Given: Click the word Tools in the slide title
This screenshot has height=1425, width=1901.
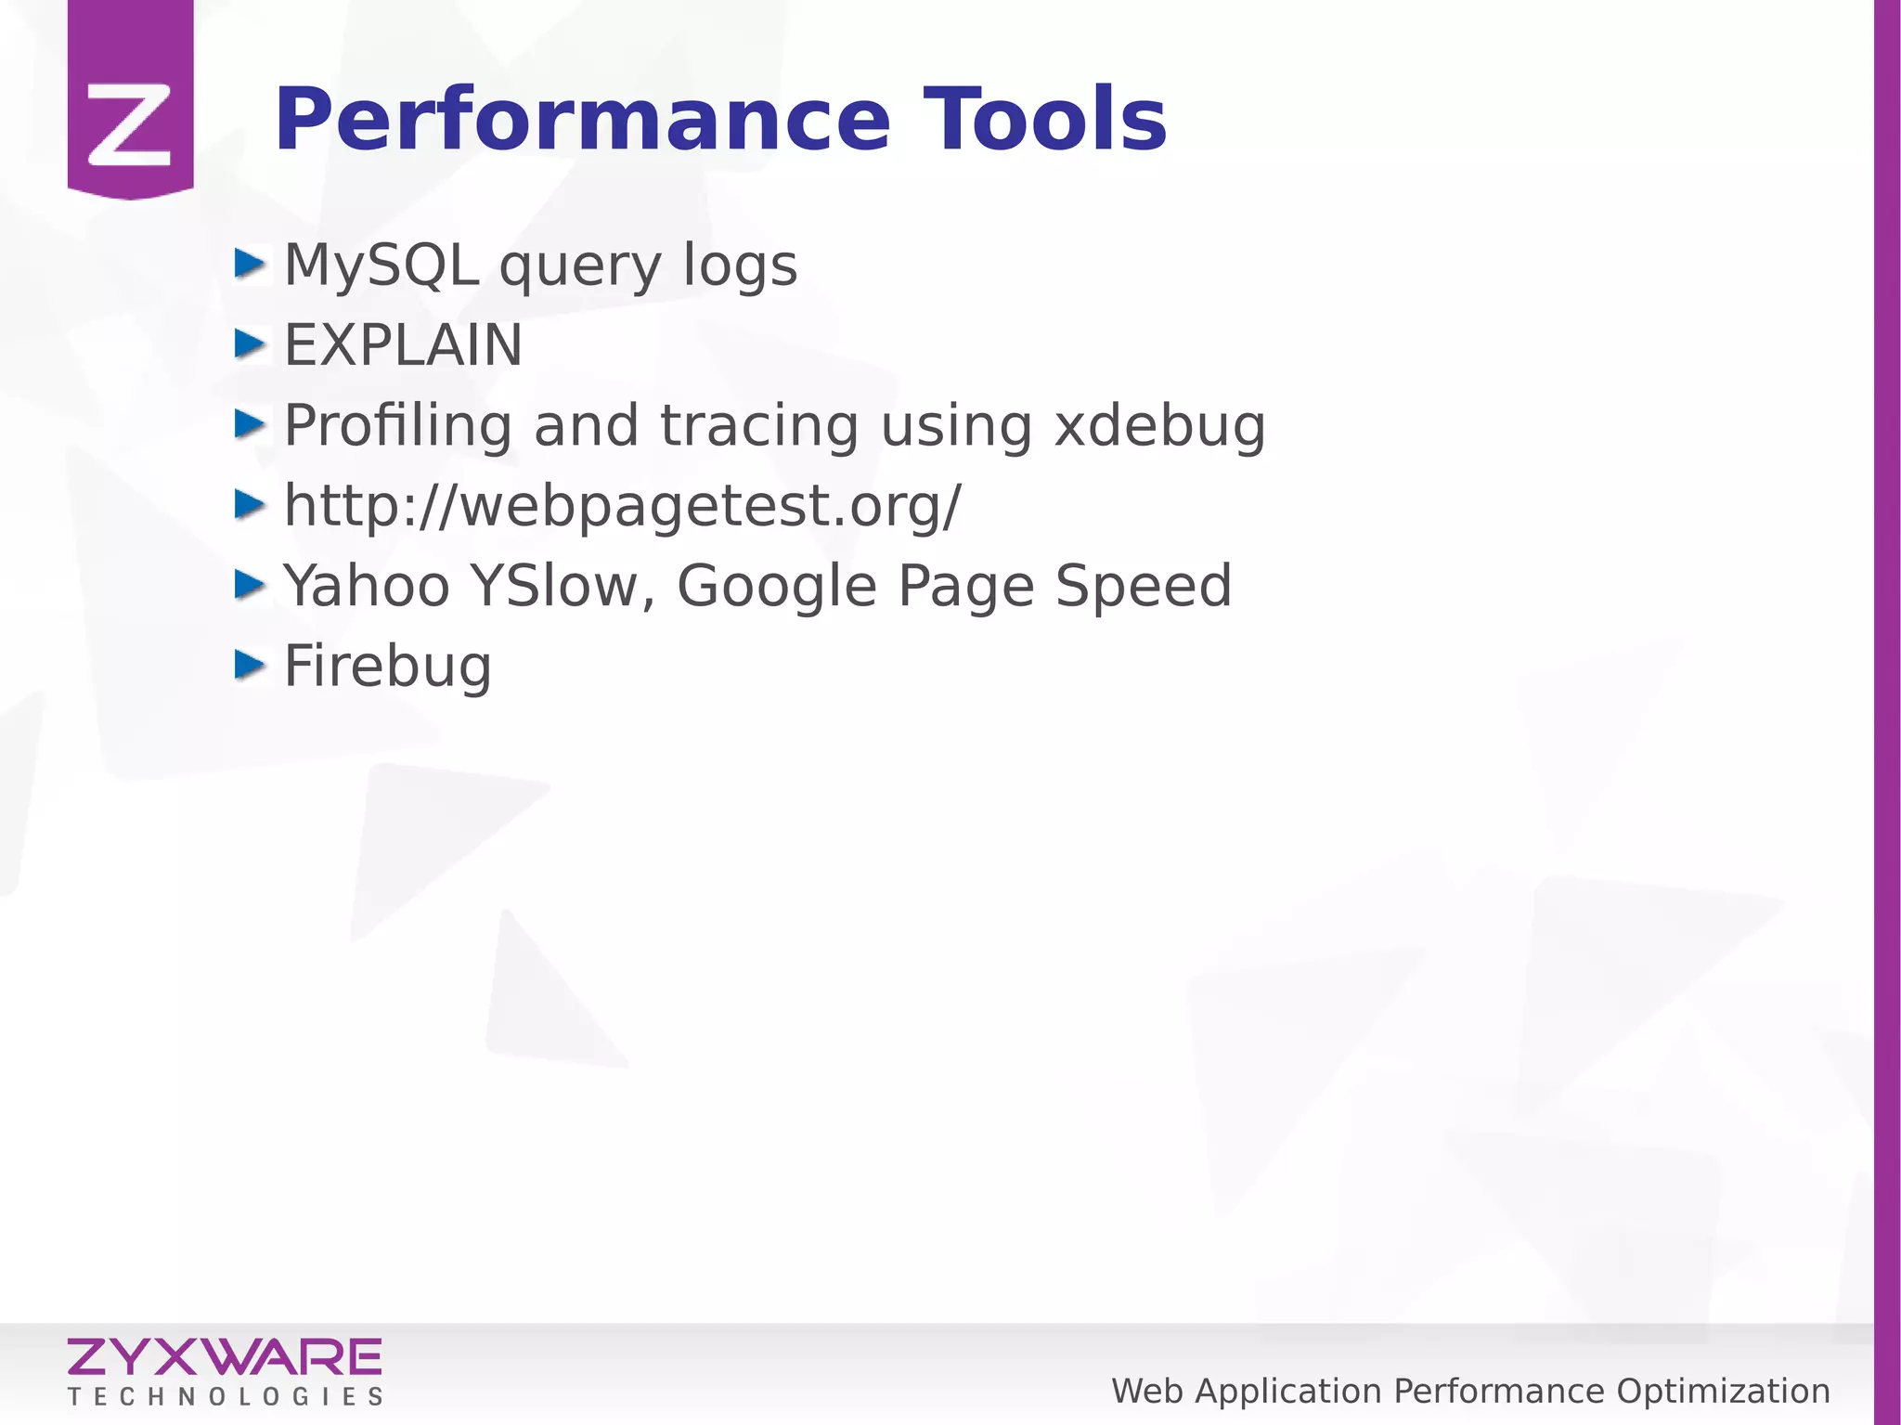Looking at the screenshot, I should (1044, 120).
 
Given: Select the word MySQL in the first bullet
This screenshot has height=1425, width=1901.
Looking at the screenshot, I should (381, 266).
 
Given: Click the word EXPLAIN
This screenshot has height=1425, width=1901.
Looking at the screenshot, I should (403, 345).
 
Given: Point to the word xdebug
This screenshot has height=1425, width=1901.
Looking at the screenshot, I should (1160, 426).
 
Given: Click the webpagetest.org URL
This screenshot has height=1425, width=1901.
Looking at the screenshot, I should (622, 507).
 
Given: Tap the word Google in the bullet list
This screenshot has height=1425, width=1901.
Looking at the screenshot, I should (776, 587).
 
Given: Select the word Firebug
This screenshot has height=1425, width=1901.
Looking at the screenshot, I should (387, 667).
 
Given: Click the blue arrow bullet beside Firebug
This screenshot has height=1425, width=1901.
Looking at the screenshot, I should (250, 665).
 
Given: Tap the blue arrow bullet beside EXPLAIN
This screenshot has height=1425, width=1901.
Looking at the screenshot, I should (250, 343).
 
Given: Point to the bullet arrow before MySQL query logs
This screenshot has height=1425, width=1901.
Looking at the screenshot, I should (250, 264).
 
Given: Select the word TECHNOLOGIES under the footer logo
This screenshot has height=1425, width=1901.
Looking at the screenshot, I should (225, 1397).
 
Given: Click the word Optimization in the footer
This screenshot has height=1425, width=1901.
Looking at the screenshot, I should (1723, 1392).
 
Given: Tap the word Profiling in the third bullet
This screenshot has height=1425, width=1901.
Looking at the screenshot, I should (397, 426).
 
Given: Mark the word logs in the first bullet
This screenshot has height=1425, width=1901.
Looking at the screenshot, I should (740, 266).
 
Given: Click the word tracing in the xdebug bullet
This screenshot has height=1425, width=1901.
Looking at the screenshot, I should (759, 426).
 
